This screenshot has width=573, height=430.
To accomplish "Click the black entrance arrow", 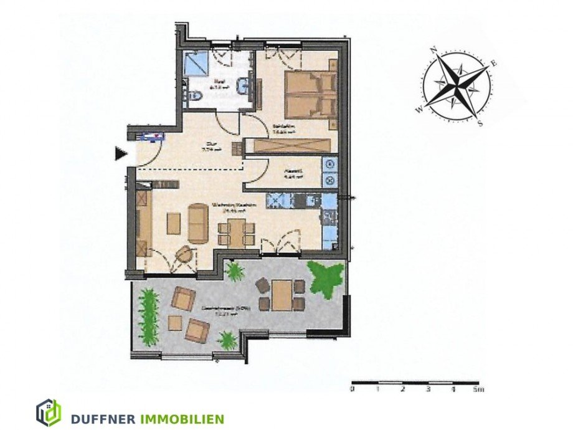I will [121, 152].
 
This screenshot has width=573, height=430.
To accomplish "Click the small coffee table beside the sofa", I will [173, 224].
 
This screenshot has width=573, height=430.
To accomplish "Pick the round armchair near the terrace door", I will [184, 254].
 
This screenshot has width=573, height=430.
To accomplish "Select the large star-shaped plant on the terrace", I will [326, 278].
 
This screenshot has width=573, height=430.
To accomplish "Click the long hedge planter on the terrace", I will [148, 315].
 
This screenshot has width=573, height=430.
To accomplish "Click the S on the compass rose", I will [480, 122].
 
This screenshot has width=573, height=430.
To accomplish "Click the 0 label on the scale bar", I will [352, 389].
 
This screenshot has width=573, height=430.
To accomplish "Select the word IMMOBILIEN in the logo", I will [184, 419].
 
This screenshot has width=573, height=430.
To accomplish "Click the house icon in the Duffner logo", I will [48, 413].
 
